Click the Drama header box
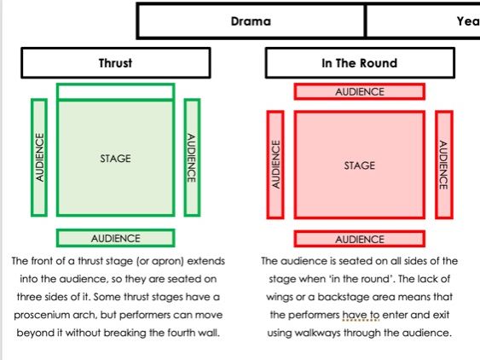(x=251, y=21)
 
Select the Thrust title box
(x=115, y=62)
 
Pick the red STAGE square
(x=359, y=165)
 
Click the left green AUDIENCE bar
(x=38, y=155)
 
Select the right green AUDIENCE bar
(x=192, y=155)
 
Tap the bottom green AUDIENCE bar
(x=115, y=238)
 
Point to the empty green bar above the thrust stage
(x=115, y=91)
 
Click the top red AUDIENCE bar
(x=359, y=91)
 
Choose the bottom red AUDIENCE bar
(x=359, y=239)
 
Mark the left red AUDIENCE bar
(x=275, y=165)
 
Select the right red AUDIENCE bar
(x=442, y=165)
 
